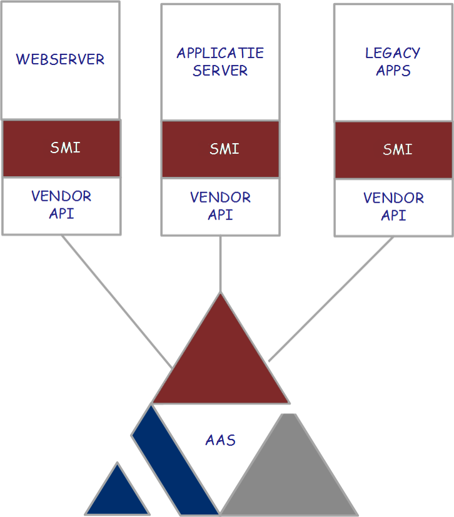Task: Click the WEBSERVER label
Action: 60,59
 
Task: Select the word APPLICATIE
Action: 220,53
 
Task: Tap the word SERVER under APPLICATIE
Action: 220,71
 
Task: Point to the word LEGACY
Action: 393,53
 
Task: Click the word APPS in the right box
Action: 393,71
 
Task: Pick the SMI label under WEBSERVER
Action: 65,148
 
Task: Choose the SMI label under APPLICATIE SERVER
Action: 224,149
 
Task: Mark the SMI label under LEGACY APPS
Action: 398,149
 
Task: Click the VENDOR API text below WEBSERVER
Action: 61,205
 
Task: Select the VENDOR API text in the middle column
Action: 220,206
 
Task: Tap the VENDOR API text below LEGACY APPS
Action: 394,207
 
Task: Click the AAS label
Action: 221,440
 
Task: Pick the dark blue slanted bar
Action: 174,460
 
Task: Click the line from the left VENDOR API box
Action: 117,302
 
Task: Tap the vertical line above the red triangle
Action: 221,264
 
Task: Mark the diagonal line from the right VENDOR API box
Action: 331,299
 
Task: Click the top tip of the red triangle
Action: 221,293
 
